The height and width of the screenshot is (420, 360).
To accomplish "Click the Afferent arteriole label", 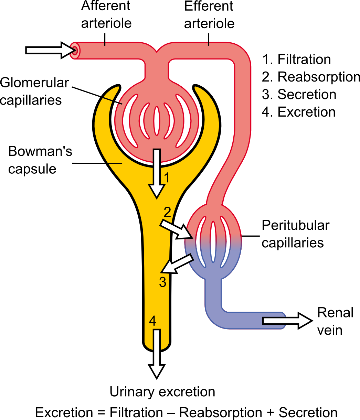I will pos(106,14).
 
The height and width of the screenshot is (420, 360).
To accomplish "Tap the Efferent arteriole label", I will pos(209,14).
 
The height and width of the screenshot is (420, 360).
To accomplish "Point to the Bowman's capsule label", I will pos(40,160).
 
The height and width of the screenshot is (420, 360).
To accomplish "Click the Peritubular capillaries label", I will pos(295,234).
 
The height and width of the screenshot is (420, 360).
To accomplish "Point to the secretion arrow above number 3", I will pos(177,264).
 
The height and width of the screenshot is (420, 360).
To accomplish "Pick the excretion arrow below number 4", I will pos(157,354).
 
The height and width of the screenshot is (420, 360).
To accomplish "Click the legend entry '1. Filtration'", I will pos(296,60).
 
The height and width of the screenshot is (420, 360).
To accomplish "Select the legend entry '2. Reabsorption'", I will pos(311,77).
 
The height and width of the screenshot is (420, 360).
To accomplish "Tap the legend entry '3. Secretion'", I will pos(299,95).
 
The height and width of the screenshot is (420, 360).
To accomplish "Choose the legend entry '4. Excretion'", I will pos(298,112).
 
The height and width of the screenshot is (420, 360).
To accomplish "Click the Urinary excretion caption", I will pos(162,392).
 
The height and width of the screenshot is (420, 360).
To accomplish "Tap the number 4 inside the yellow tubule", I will pos(153,321).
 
